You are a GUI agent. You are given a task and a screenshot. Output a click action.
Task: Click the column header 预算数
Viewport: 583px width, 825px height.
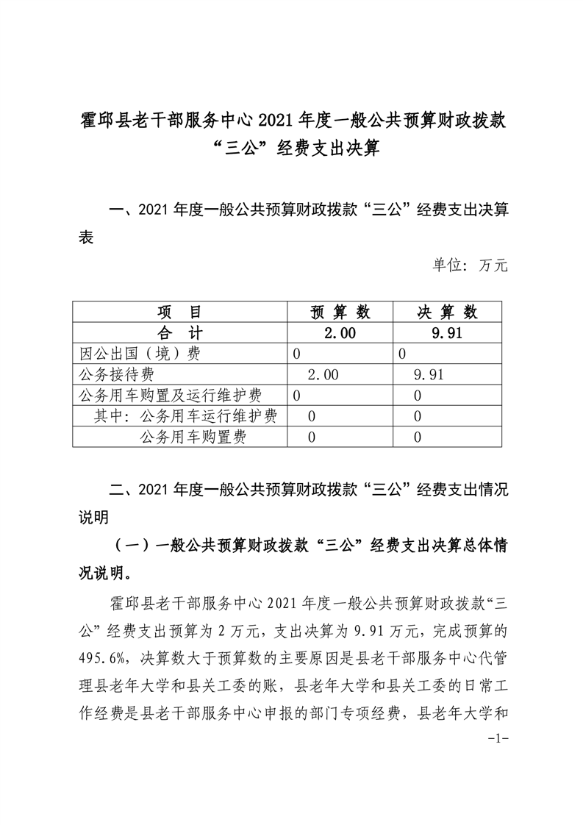point(340,312)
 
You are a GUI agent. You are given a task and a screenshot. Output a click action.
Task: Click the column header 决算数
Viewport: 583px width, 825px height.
point(447,312)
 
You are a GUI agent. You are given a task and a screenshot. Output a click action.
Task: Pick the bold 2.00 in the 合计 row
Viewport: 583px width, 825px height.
point(340,332)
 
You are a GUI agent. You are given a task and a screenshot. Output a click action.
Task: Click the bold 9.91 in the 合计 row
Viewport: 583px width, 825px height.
point(447,332)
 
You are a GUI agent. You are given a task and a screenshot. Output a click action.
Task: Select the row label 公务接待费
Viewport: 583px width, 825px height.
point(118,375)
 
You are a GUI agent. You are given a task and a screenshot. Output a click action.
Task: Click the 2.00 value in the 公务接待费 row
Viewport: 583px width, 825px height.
point(323,375)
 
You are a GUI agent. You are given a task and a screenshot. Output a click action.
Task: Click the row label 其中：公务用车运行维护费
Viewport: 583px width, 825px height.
point(185,417)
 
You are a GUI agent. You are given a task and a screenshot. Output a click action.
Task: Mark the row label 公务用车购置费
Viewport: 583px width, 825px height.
point(193,438)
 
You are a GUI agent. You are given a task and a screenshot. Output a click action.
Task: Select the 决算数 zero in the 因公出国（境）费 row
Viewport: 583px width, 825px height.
point(402,354)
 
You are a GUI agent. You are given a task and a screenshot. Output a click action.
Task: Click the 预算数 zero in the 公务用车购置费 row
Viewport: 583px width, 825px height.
point(312,438)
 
